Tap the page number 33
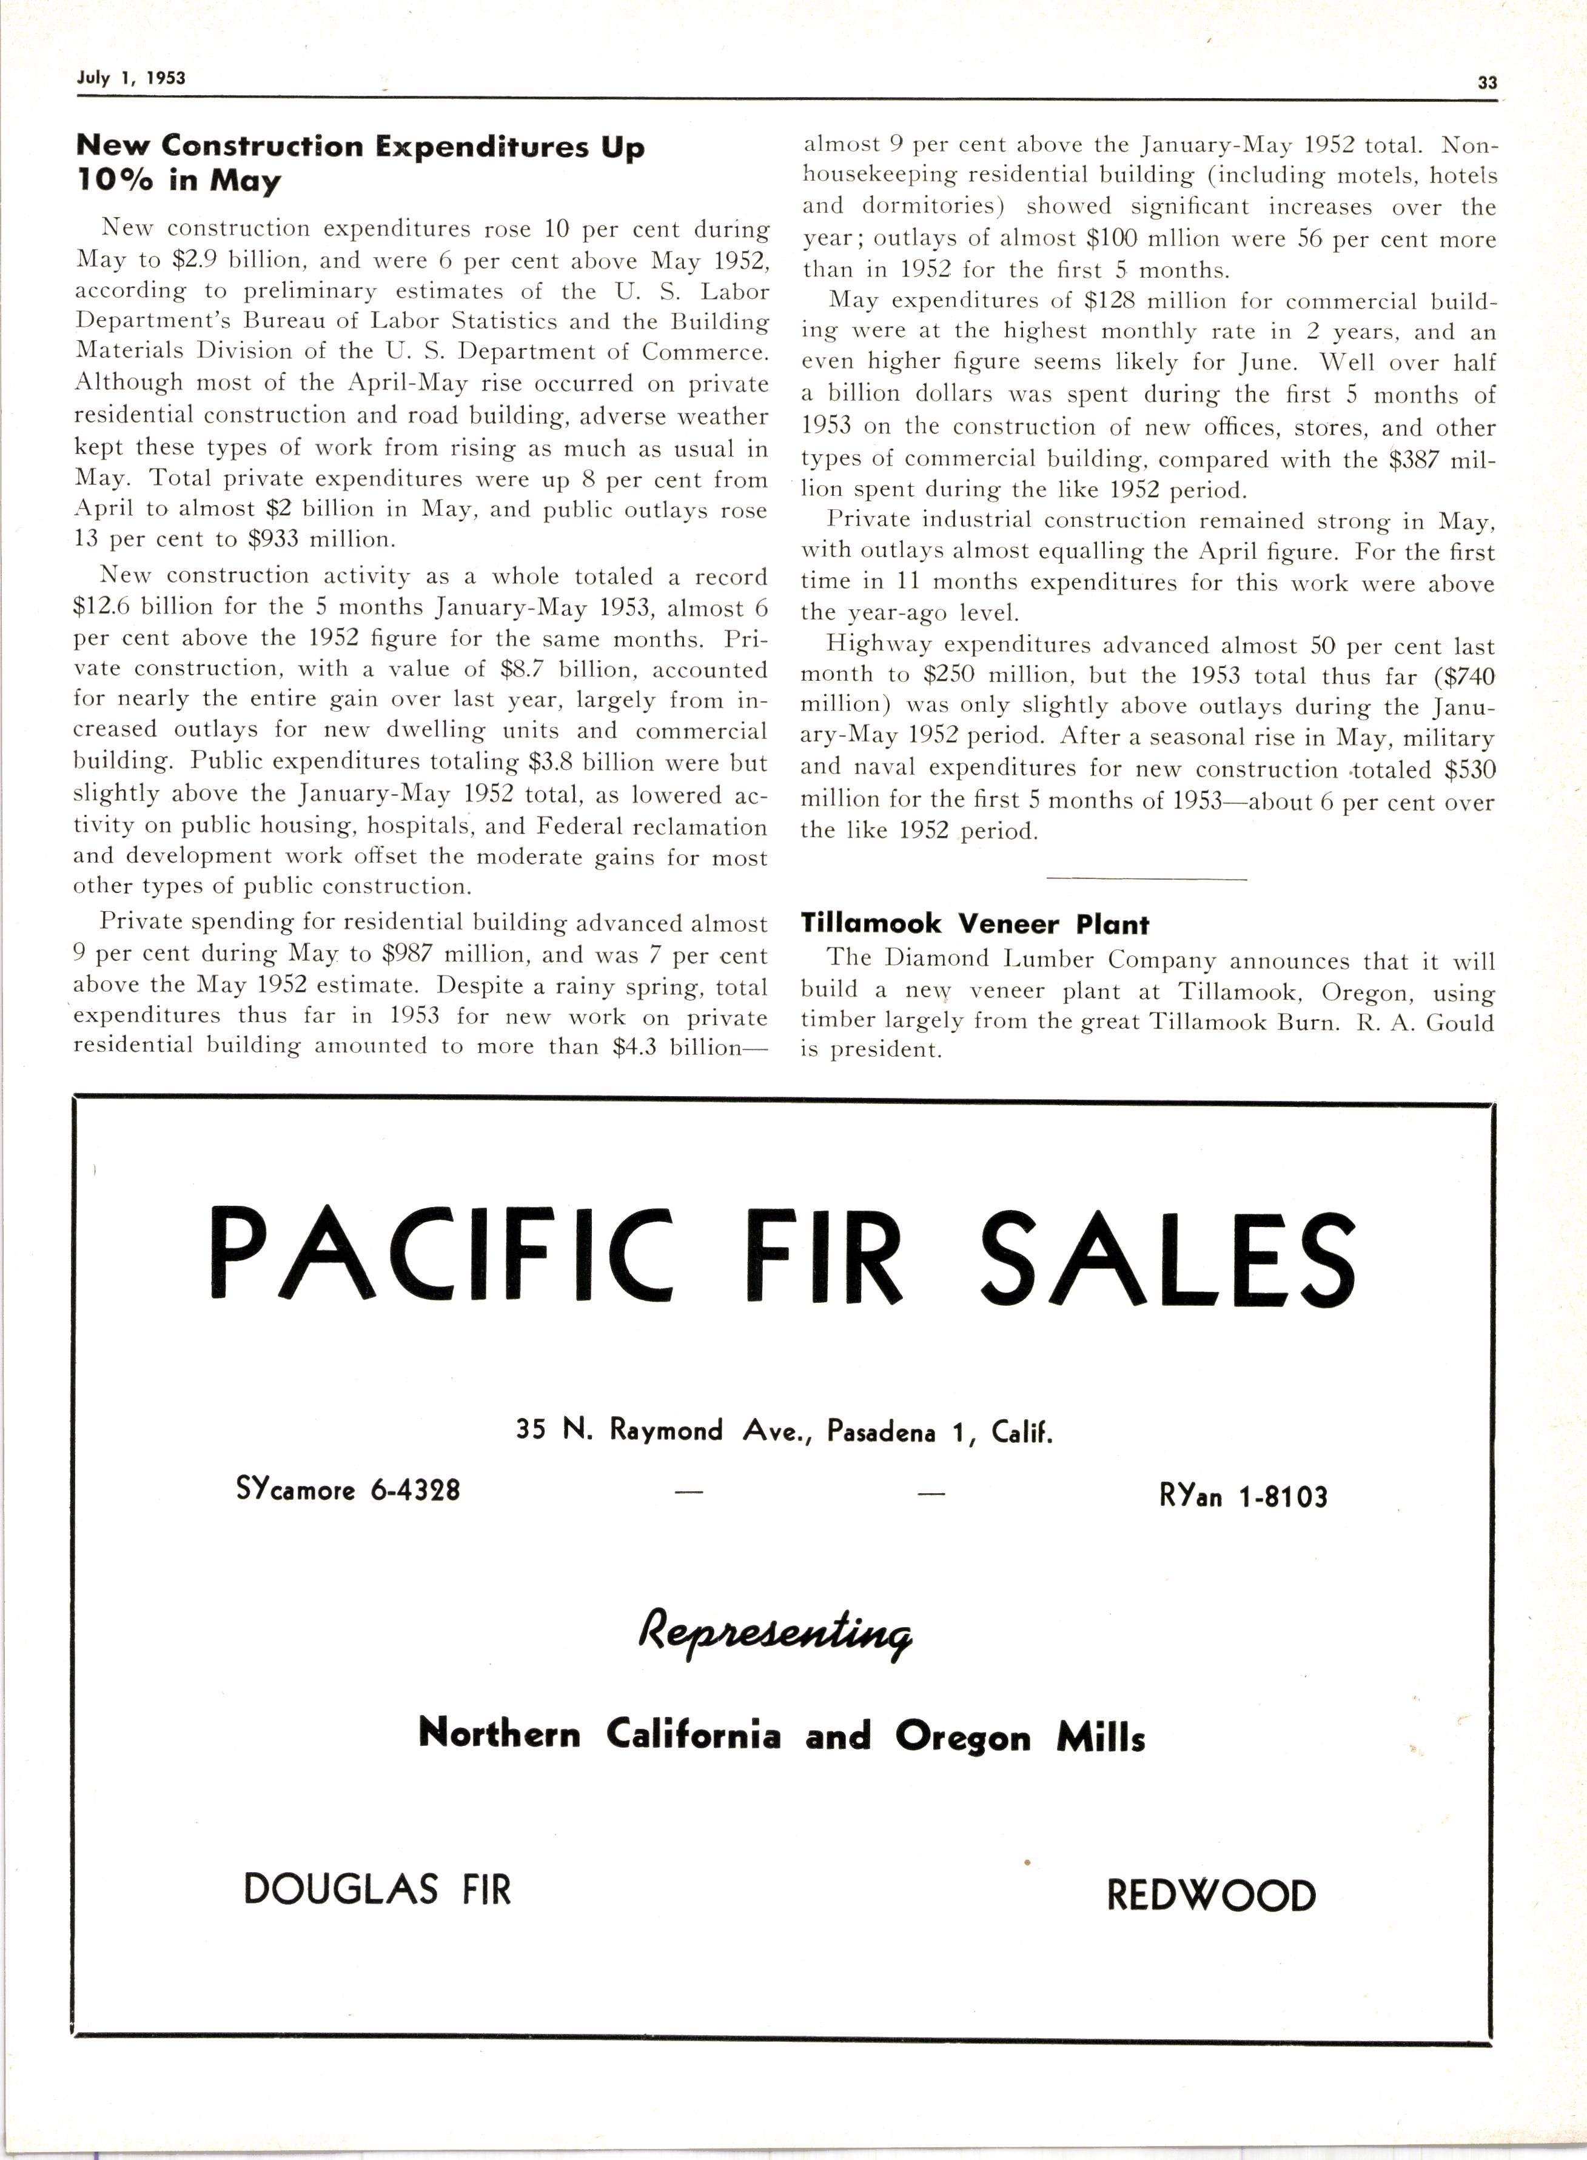[1486, 82]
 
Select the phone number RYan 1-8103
[1243, 1496]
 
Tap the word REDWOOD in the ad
[1210, 1895]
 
